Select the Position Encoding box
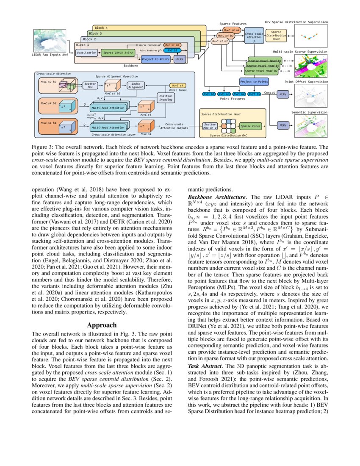click(x=165, y=98)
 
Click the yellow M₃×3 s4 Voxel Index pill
click(x=177, y=86)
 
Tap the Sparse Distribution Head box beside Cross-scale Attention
click(x=276, y=36)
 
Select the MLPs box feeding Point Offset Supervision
click(x=282, y=96)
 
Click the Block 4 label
click(x=101, y=28)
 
